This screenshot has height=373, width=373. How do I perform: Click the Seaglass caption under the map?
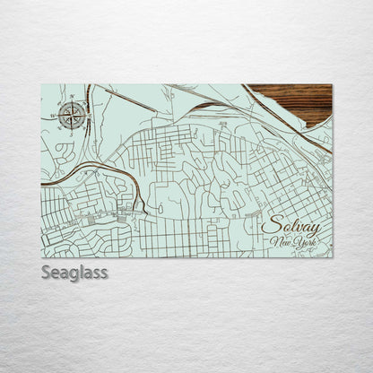coord(74,273)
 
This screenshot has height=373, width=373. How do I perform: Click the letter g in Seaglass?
coord(73,274)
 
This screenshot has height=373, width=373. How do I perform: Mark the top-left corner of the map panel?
coord(42,84)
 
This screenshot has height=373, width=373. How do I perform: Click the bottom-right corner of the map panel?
coord(332,257)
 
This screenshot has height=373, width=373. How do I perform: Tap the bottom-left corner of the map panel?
coord(42,257)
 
